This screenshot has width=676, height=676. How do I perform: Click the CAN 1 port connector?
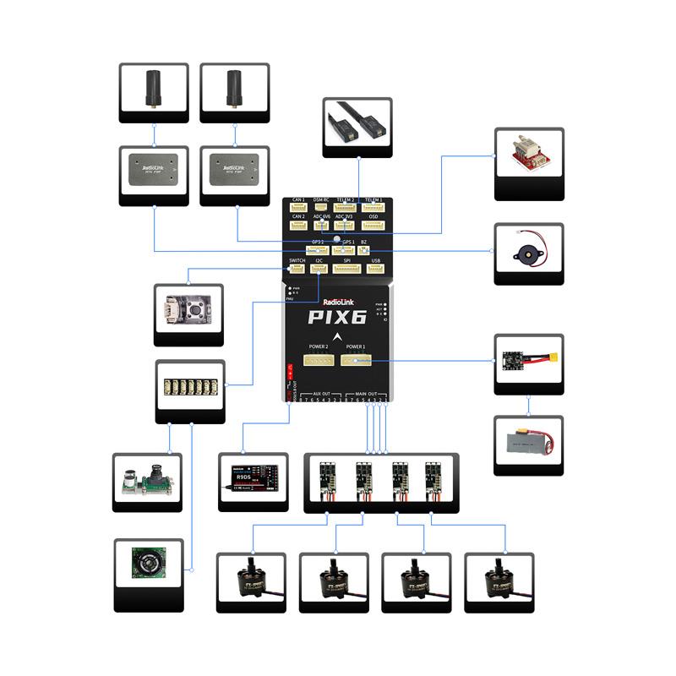(297, 208)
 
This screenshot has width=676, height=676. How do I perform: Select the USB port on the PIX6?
(376, 270)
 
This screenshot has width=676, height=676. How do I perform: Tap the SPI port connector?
(346, 270)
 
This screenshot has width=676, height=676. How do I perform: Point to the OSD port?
(373, 226)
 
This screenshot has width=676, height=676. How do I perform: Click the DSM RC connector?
(322, 208)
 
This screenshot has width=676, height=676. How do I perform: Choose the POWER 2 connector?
(319, 360)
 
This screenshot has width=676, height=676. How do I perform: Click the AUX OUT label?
(321, 394)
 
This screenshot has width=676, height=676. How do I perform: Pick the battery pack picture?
(528, 444)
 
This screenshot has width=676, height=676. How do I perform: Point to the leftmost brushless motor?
(251, 581)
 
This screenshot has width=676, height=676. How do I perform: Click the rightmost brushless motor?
(499, 581)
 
